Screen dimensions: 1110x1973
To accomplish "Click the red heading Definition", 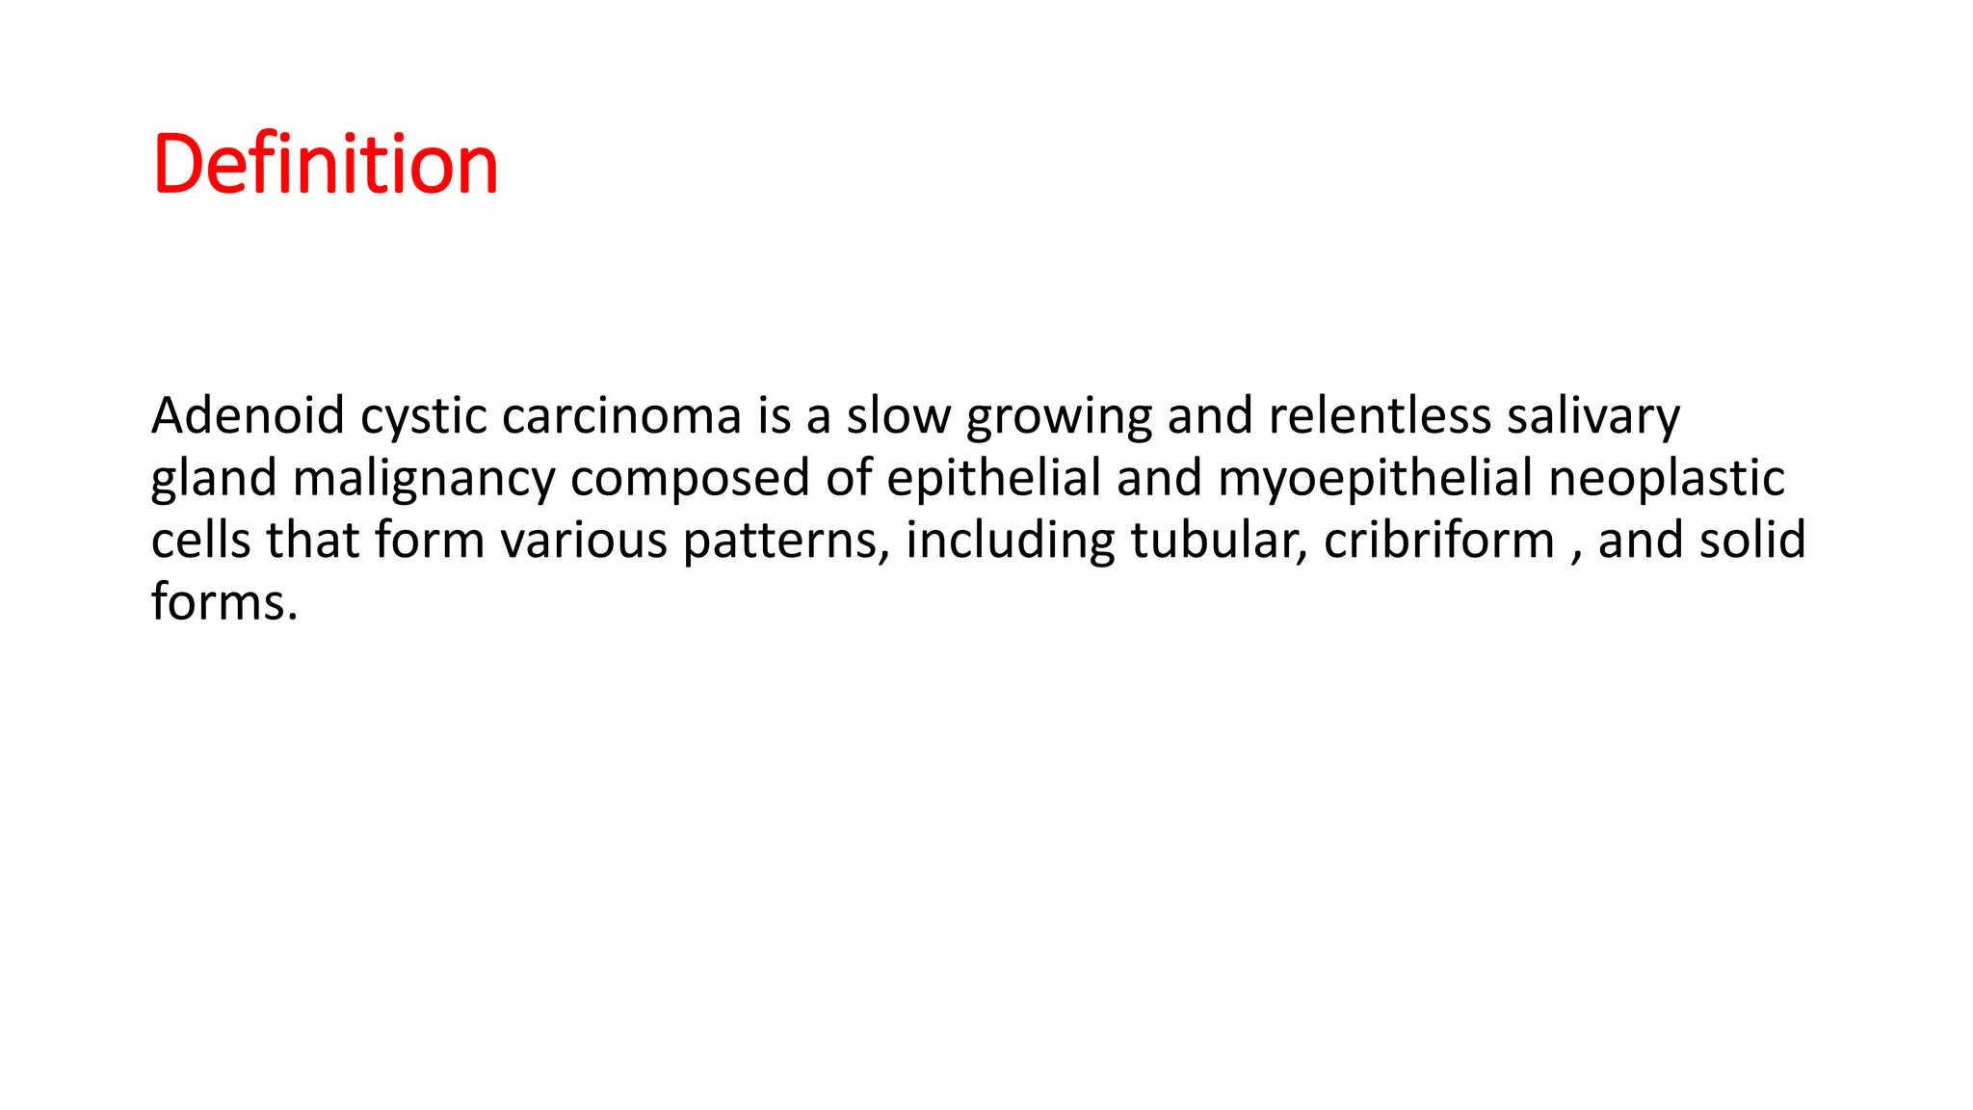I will (325, 164).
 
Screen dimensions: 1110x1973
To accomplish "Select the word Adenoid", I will (248, 415).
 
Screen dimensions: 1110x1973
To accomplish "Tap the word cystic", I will (423, 417).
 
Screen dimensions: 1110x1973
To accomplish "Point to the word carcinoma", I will (621, 415).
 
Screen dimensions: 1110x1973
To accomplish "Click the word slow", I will (898, 415).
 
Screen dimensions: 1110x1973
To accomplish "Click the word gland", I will (214, 479).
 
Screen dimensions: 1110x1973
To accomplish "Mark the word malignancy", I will (424, 479).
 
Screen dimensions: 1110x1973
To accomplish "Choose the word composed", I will (690, 479).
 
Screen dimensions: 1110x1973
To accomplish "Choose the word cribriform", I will (1439, 540).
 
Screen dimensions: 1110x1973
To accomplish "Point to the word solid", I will (1751, 540).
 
